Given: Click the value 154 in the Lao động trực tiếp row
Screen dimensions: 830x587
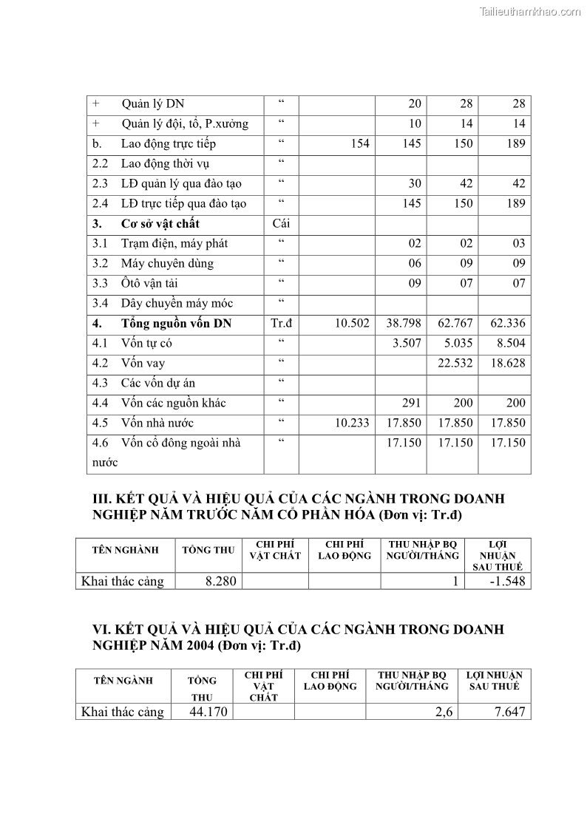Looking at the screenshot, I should point(359,144).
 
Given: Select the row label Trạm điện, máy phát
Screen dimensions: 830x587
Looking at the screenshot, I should point(174,244).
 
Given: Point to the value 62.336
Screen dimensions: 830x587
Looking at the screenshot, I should point(508,324).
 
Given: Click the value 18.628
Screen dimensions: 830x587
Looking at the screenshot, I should point(508,364).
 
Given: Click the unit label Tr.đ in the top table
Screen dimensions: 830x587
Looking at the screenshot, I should point(282,324).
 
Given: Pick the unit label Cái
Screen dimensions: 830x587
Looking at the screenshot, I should point(281,224).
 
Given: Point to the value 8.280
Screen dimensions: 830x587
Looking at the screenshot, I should point(220,582).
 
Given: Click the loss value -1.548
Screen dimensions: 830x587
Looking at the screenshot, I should point(507,582).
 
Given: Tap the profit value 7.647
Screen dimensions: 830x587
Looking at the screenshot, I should point(509,712).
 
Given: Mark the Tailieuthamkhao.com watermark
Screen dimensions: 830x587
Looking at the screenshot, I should point(530,11).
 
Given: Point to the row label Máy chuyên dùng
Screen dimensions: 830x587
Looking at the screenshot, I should point(167,264).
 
